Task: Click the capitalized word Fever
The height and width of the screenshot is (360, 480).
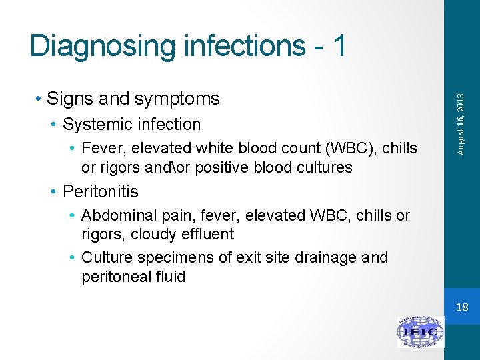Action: point(100,148)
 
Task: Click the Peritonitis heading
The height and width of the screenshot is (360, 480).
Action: point(100,191)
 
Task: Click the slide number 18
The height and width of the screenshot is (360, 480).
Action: point(462,307)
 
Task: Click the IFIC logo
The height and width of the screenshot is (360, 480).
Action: point(420,332)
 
